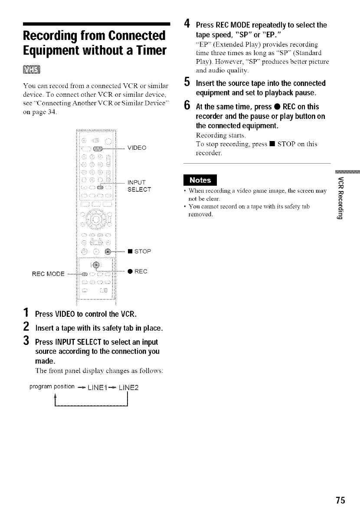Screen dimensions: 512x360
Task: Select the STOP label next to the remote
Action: tap(139, 251)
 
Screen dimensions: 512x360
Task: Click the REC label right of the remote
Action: tap(139, 272)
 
